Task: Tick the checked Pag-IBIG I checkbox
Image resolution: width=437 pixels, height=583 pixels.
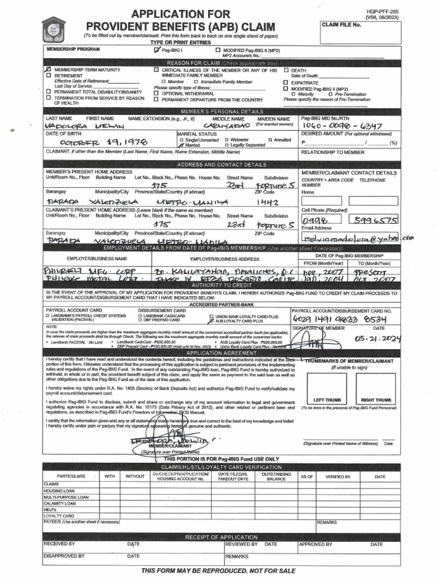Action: click(x=157, y=51)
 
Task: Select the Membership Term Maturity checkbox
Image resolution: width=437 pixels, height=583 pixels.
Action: click(x=48, y=69)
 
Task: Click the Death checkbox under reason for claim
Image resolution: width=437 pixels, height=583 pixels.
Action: click(x=286, y=70)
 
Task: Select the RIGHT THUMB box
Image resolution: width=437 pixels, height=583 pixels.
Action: click(x=376, y=387)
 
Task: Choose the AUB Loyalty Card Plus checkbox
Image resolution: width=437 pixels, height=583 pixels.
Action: click(x=212, y=321)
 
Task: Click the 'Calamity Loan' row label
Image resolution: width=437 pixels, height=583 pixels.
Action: click(x=60, y=503)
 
